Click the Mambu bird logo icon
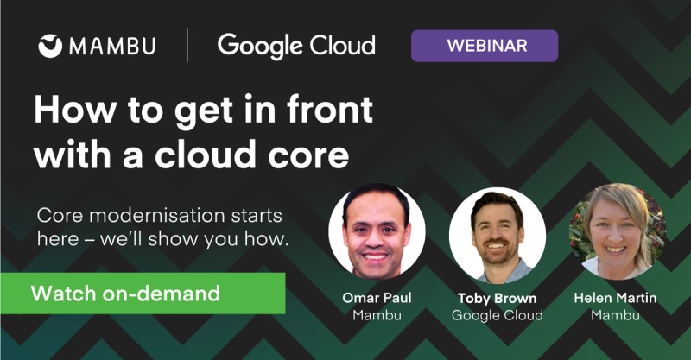click(x=51, y=46)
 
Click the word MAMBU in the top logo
click(x=112, y=46)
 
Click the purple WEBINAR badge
click(x=484, y=45)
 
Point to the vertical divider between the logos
click(x=187, y=45)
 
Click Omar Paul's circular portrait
click(x=377, y=232)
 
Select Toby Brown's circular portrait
click(x=498, y=232)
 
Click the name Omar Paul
click(x=377, y=298)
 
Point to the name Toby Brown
click(x=498, y=298)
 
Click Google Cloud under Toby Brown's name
click(x=498, y=315)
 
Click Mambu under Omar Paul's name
click(x=377, y=315)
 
